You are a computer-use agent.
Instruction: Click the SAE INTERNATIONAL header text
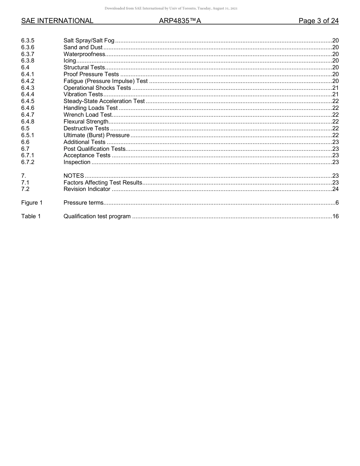tap(57, 21)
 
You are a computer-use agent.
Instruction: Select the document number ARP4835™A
tap(180, 21)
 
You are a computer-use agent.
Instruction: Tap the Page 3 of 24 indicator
tap(318, 21)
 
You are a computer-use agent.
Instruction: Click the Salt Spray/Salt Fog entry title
tap(89, 41)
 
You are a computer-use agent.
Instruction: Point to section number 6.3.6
tap(28, 47)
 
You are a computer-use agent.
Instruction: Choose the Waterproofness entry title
tap(84, 54)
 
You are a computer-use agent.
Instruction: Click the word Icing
tap(70, 61)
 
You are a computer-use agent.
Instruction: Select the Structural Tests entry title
tap(84, 67)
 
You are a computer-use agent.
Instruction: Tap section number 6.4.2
tap(28, 81)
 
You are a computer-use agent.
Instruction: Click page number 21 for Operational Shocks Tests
tap(335, 88)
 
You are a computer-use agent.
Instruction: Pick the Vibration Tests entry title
tap(83, 94)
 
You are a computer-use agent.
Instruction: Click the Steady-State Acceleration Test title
tap(104, 101)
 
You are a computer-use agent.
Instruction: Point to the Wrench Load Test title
tap(88, 115)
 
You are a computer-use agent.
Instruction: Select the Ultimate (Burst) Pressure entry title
tap(96, 135)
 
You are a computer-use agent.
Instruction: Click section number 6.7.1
tap(28, 155)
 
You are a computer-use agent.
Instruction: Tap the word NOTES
tap(74, 176)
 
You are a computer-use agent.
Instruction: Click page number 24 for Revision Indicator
tap(335, 189)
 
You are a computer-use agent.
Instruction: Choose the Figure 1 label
tap(32, 203)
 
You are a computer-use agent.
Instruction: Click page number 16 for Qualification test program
tap(335, 216)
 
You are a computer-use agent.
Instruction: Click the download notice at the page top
tap(180, 8)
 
